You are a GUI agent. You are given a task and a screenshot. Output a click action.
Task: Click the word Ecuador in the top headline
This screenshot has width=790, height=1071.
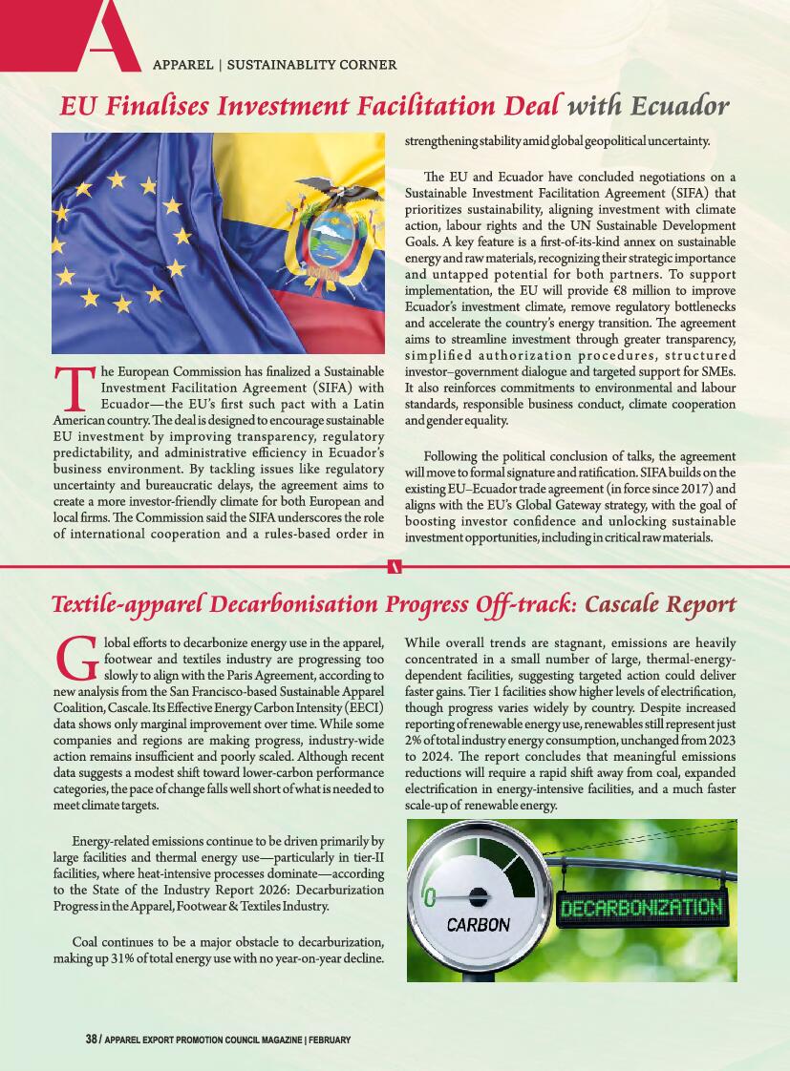click(677, 105)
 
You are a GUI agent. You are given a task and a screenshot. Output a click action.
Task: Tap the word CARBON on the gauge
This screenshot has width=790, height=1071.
click(478, 924)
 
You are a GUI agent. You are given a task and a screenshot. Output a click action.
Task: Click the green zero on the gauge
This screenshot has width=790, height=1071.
click(430, 897)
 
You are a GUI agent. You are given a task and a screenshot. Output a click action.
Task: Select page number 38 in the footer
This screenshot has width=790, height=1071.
click(91, 1039)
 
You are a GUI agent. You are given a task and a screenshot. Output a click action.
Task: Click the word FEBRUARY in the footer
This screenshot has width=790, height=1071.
click(331, 1039)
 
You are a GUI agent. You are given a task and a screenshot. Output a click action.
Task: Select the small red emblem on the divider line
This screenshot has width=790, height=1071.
click(395, 567)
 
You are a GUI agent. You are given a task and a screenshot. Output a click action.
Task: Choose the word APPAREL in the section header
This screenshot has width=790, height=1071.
click(182, 65)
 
